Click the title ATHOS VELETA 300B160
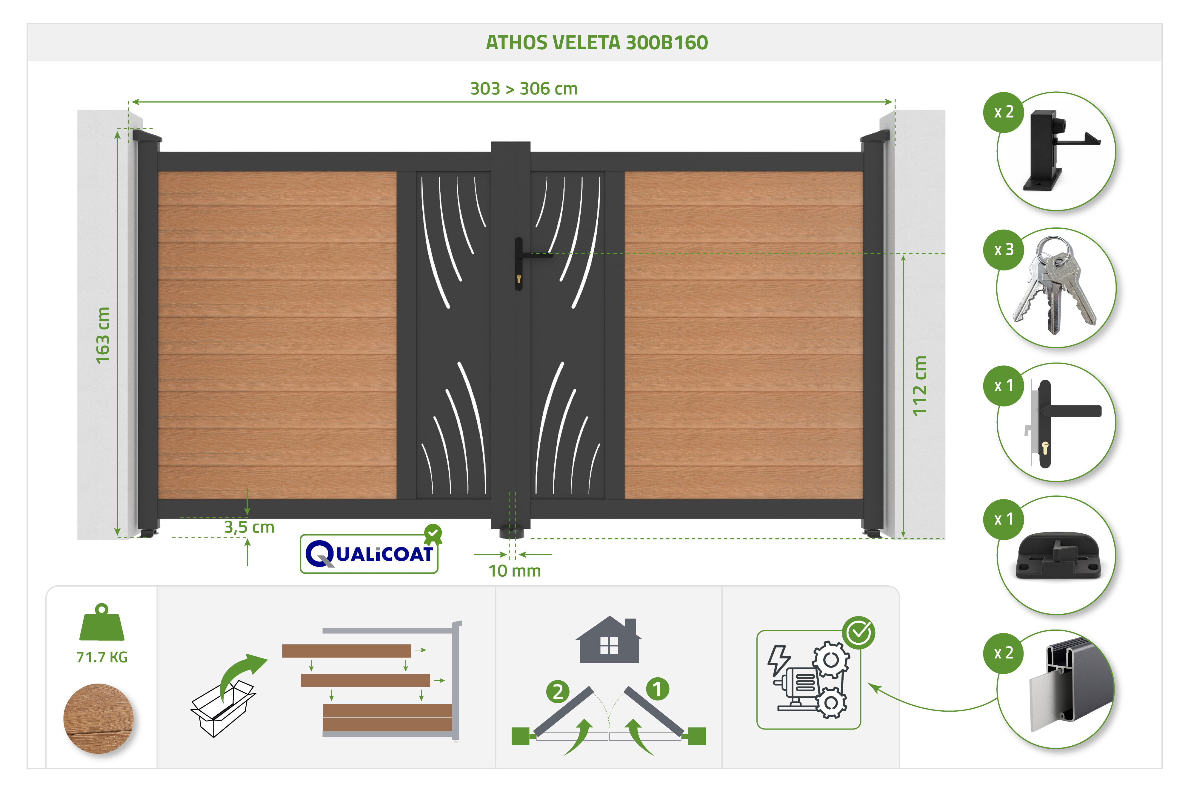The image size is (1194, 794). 596,42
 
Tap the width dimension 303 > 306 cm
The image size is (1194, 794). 524,89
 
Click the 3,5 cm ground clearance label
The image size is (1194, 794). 249,527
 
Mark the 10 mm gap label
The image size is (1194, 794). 514,571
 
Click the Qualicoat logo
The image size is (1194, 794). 370,552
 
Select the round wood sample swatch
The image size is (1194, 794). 98,718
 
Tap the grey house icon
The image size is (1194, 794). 609,640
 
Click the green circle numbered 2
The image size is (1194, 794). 558,691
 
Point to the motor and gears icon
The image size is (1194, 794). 808,680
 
